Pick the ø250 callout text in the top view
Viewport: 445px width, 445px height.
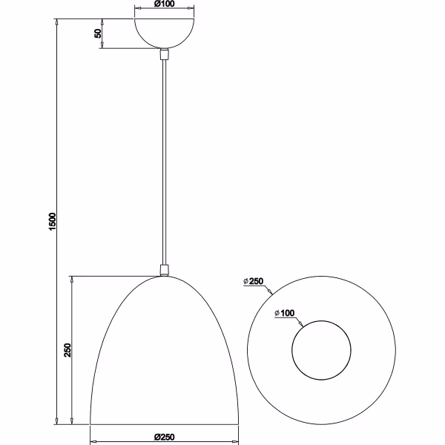254,281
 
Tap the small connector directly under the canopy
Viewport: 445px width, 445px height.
164,53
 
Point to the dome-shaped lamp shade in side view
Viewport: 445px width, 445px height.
164,356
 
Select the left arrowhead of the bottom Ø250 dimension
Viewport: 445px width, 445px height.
92,443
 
